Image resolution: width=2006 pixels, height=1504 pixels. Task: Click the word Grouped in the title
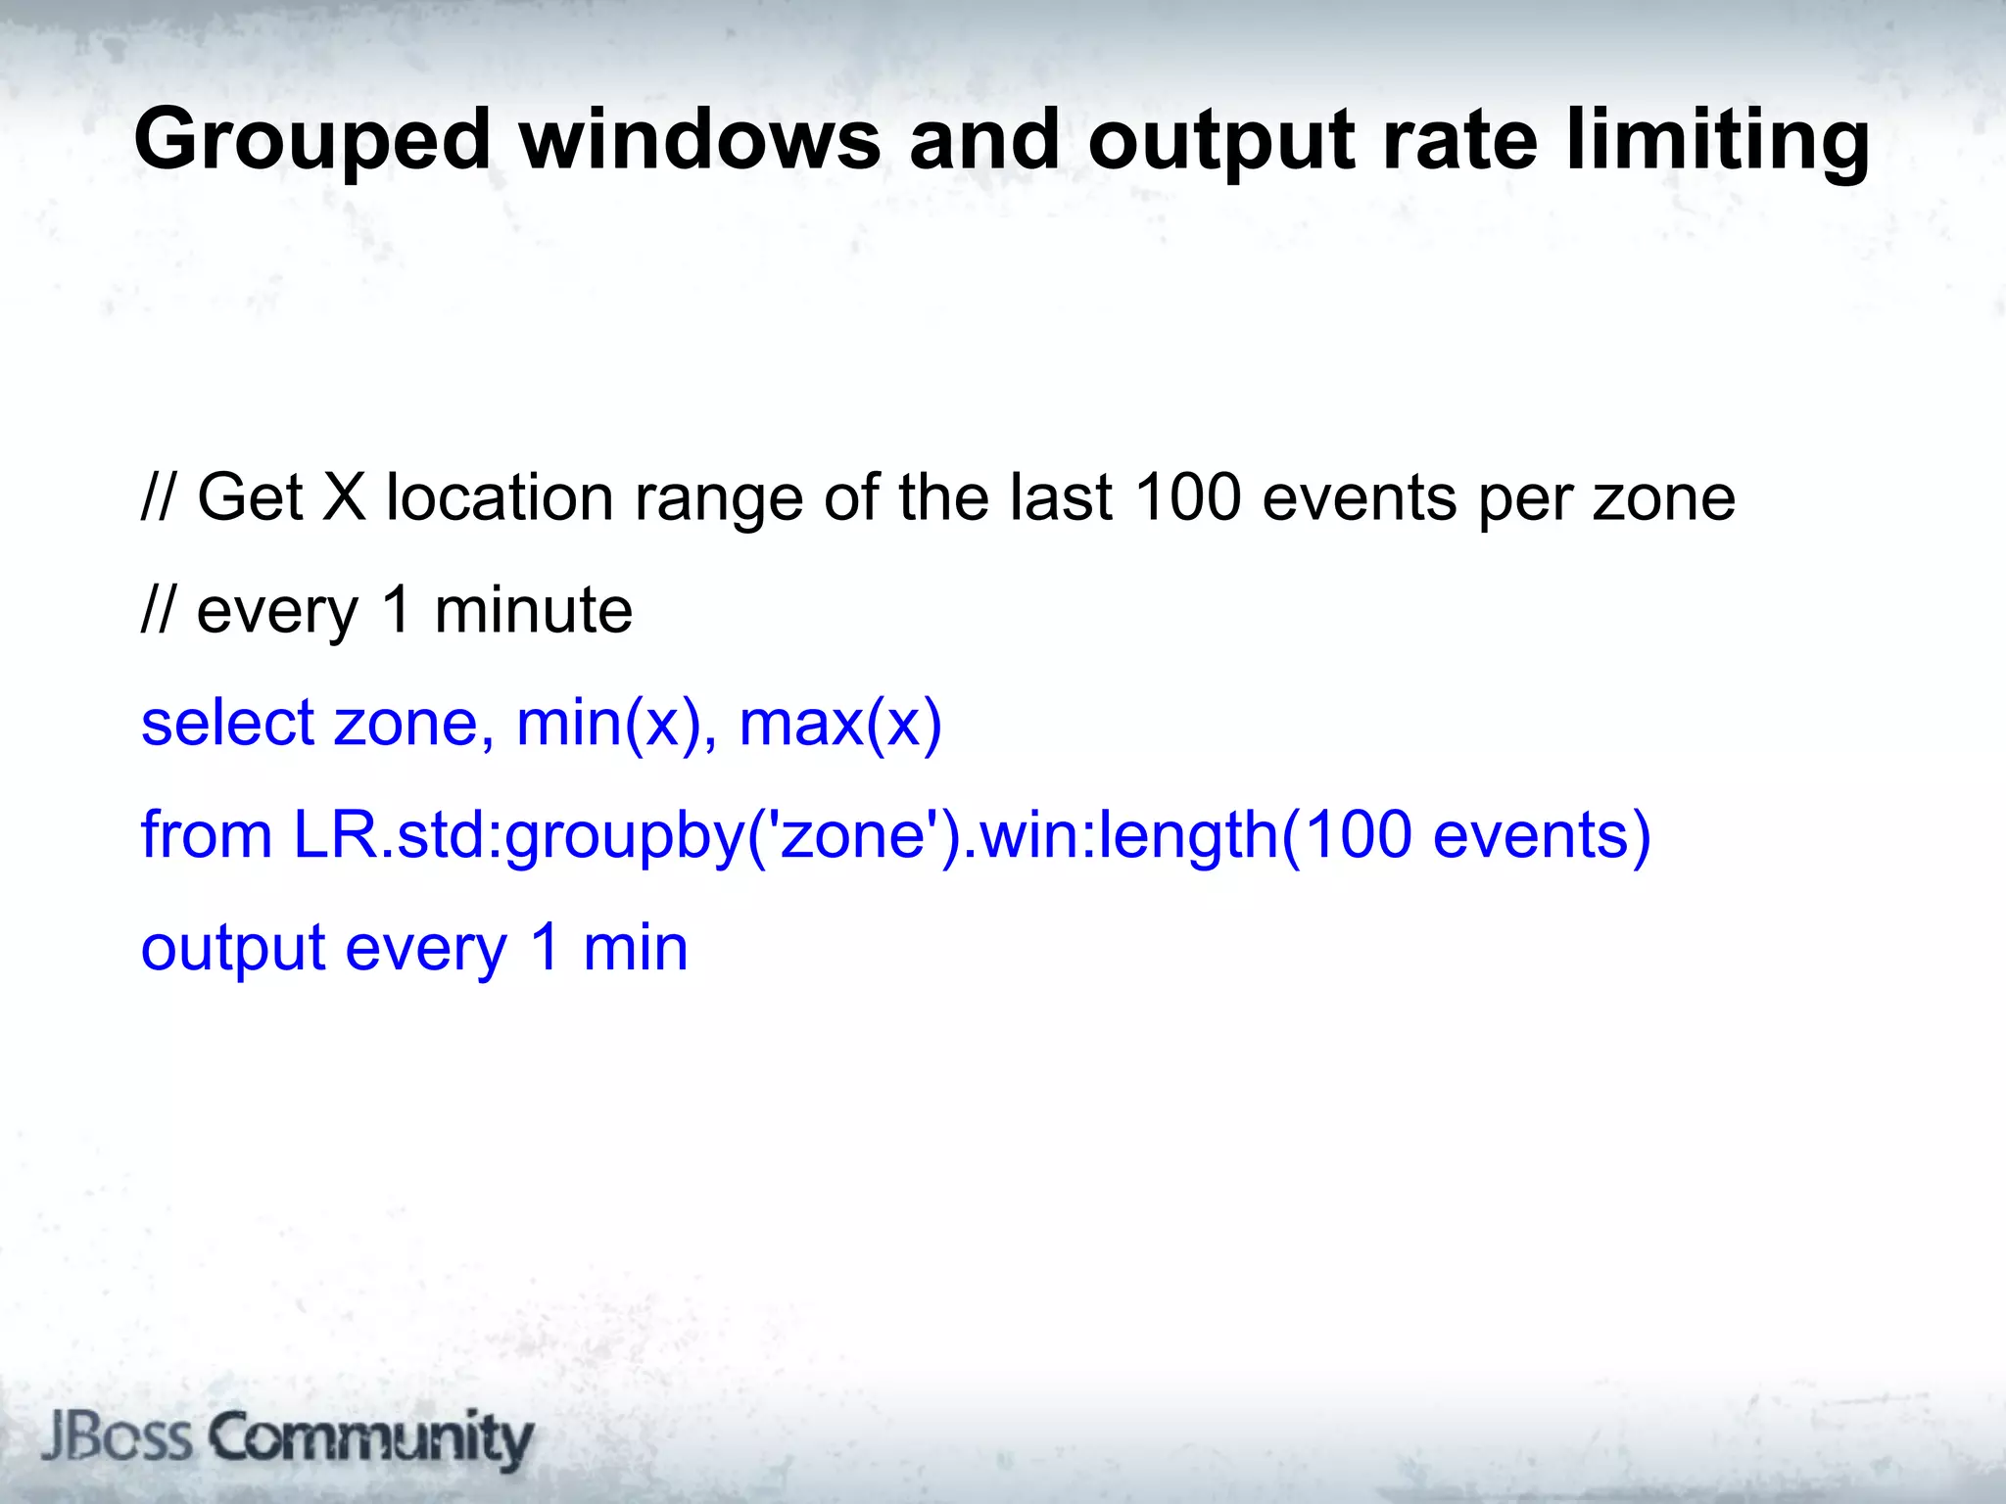click(x=311, y=141)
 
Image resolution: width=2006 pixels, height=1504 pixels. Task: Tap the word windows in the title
click(x=700, y=141)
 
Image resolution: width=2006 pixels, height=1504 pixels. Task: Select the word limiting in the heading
click(x=1718, y=141)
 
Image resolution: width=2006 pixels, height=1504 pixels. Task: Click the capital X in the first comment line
click(x=344, y=497)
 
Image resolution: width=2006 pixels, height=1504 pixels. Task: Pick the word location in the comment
click(x=500, y=497)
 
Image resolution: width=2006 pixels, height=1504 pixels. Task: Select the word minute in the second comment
click(x=533, y=610)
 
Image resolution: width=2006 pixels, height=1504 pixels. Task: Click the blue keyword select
click(x=227, y=723)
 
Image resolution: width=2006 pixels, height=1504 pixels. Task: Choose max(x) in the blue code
click(x=839, y=723)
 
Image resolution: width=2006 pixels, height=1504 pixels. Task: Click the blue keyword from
click(x=207, y=835)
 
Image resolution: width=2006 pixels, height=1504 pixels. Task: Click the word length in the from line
click(x=1187, y=835)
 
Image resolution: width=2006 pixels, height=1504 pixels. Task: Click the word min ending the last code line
click(x=635, y=948)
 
